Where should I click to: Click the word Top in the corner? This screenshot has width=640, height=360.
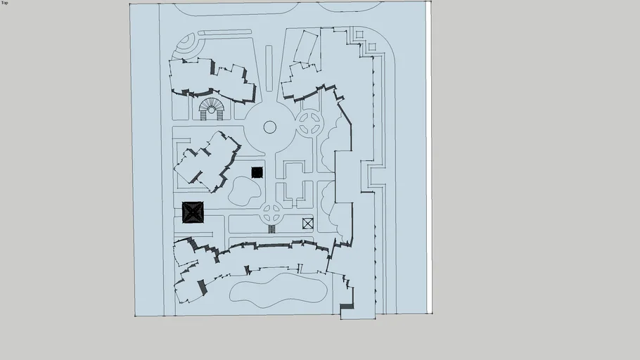(x=4, y=2)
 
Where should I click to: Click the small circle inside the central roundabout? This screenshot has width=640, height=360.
(x=270, y=127)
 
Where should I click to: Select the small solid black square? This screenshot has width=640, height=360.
(x=257, y=173)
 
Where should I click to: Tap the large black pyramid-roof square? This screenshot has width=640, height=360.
(x=193, y=212)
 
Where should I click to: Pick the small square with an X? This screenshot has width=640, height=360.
(x=308, y=224)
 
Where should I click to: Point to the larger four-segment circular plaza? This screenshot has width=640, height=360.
(x=309, y=123)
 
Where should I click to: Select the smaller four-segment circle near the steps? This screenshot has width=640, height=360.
(x=271, y=213)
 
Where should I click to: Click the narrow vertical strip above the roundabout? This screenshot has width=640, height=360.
(x=269, y=68)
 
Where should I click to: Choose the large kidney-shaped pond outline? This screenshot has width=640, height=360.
(x=279, y=290)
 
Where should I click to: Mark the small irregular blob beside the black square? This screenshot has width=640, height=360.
(x=244, y=191)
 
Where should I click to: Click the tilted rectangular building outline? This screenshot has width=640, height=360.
(x=306, y=47)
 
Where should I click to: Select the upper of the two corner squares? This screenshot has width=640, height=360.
(x=359, y=34)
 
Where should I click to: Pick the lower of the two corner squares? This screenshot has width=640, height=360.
(x=372, y=46)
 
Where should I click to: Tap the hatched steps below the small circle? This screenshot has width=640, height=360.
(x=272, y=229)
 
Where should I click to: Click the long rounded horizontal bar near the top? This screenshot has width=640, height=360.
(x=224, y=32)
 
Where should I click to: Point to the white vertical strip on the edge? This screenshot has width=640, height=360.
(x=429, y=157)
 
